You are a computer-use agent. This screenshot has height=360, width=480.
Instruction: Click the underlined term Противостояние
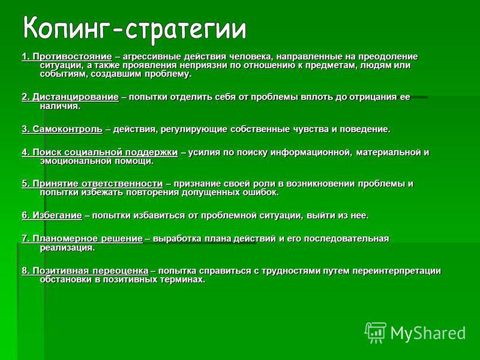(x=72, y=57)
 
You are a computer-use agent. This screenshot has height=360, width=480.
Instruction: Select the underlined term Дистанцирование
(x=76, y=97)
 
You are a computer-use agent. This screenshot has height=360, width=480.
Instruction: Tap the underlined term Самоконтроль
(x=67, y=130)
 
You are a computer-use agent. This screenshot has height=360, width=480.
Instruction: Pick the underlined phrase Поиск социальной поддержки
(x=105, y=152)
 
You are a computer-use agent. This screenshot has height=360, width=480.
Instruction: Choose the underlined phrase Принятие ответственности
(x=98, y=184)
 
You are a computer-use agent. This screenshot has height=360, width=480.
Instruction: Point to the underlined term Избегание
(x=57, y=215)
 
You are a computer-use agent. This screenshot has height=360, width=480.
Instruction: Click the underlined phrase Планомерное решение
(x=88, y=239)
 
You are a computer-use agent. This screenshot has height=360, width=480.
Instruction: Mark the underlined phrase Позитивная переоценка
(x=91, y=271)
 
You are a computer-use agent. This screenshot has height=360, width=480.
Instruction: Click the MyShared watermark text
(x=428, y=333)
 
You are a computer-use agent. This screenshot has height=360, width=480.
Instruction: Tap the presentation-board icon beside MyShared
(x=375, y=333)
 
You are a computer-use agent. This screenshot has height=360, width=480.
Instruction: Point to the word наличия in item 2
(x=60, y=106)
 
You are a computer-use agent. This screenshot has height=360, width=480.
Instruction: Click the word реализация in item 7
(x=68, y=248)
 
